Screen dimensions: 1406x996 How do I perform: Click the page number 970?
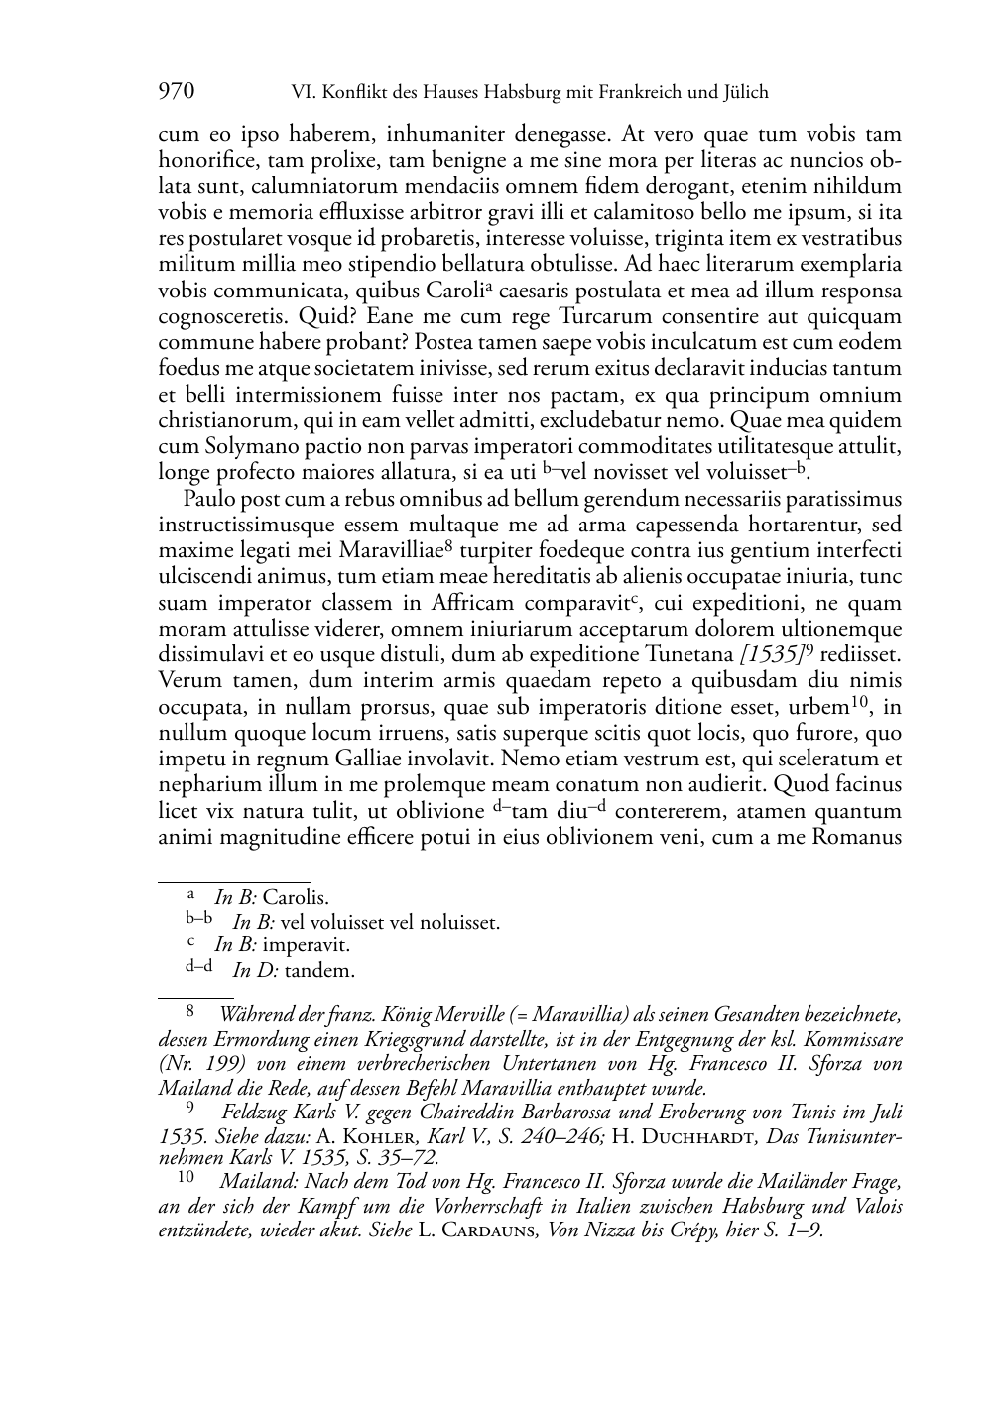click(x=176, y=93)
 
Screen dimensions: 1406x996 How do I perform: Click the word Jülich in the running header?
click(x=745, y=93)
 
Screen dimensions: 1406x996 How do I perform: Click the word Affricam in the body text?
click(x=447, y=602)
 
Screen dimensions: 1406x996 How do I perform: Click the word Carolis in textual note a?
click(x=296, y=898)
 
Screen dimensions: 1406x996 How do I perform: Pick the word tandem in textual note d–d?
click(x=319, y=970)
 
